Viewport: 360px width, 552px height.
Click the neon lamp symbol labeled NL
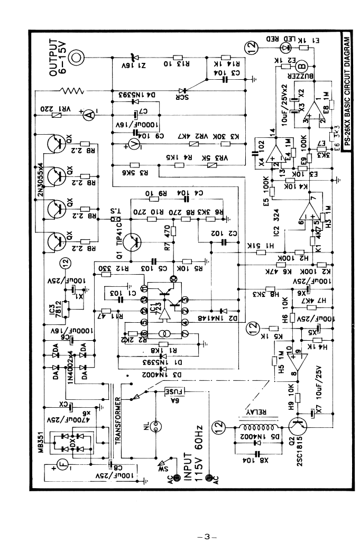pos(155,426)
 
